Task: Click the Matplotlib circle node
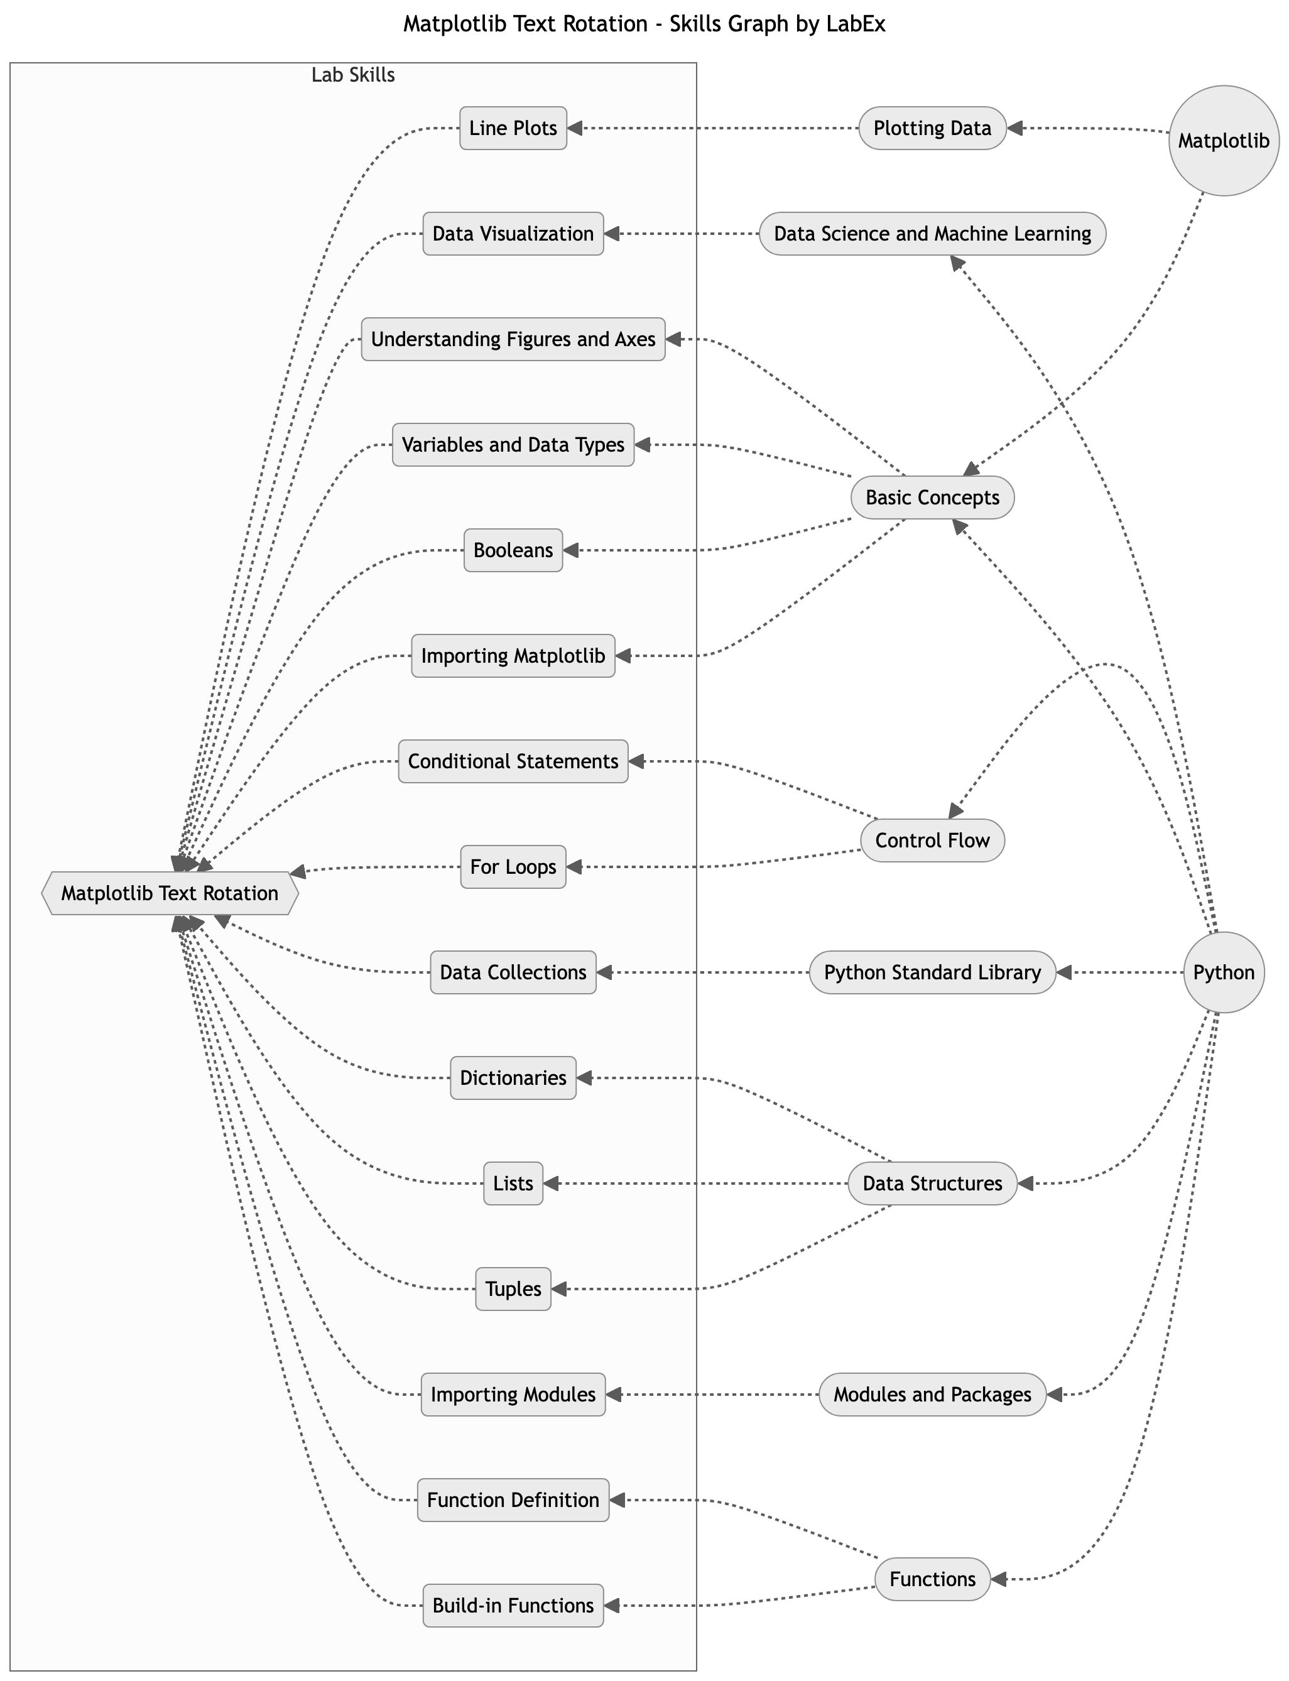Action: [1223, 141]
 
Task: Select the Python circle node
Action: [1223, 972]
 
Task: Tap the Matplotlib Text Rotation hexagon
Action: [170, 893]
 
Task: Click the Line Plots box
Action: [513, 128]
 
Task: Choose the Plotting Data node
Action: [932, 128]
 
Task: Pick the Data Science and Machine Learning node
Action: [932, 233]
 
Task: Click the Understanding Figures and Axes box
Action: [513, 339]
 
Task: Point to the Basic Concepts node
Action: [932, 497]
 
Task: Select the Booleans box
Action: [513, 550]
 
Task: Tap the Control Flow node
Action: [932, 840]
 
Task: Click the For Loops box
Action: [513, 867]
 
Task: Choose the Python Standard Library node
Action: [932, 972]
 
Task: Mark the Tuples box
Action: [513, 1289]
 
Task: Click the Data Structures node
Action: [932, 1183]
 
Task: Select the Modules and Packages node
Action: [932, 1394]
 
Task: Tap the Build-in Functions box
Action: [513, 1605]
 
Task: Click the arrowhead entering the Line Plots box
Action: [575, 128]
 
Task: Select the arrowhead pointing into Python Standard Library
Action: [1063, 972]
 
